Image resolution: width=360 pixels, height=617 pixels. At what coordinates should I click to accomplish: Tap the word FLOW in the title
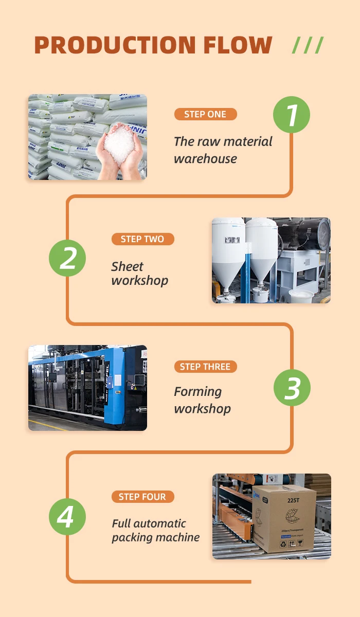(x=238, y=45)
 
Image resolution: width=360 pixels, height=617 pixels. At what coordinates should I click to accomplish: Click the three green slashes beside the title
(x=308, y=45)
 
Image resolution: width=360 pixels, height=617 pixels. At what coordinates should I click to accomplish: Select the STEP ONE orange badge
(x=205, y=114)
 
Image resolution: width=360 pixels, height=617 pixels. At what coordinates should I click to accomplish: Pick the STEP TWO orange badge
(x=142, y=239)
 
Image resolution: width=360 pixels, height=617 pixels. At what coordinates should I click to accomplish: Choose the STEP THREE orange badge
(x=205, y=367)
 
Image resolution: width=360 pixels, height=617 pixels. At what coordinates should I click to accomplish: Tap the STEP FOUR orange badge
(x=142, y=497)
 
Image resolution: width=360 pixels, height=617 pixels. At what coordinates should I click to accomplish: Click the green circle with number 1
(x=292, y=114)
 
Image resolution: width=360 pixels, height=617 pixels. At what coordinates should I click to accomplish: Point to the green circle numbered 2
(x=68, y=258)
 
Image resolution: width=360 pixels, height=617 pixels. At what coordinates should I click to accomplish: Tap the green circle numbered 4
(x=68, y=517)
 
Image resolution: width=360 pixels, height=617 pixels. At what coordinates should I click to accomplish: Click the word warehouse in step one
(x=205, y=159)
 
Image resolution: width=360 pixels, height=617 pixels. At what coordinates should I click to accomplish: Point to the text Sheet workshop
(x=139, y=274)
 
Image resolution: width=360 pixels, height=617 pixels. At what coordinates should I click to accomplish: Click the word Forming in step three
(x=198, y=392)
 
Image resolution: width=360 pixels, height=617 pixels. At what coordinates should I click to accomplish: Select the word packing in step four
(x=131, y=538)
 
